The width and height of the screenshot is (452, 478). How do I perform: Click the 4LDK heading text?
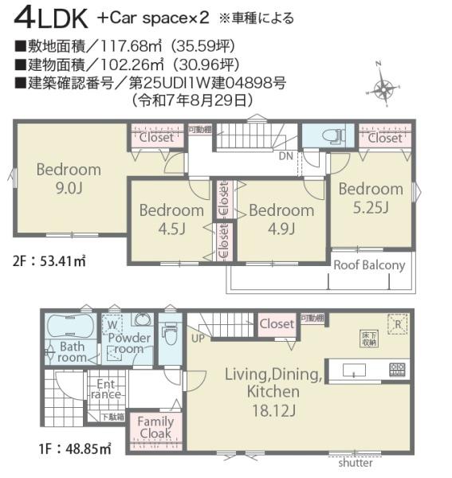[48, 17]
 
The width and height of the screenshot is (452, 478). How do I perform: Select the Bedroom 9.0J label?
[68, 178]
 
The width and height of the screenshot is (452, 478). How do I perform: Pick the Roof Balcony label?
[369, 265]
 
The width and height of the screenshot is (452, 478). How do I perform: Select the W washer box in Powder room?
[112, 325]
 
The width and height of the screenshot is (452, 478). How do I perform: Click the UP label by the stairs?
[196, 338]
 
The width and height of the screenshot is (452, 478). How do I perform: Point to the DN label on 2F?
[285, 156]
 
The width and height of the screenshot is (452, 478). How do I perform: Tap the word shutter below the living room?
[355, 463]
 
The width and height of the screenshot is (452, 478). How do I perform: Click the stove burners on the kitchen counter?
[396, 369]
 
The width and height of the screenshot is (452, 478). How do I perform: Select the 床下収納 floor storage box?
[365, 337]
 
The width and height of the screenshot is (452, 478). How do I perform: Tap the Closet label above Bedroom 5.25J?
[385, 138]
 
